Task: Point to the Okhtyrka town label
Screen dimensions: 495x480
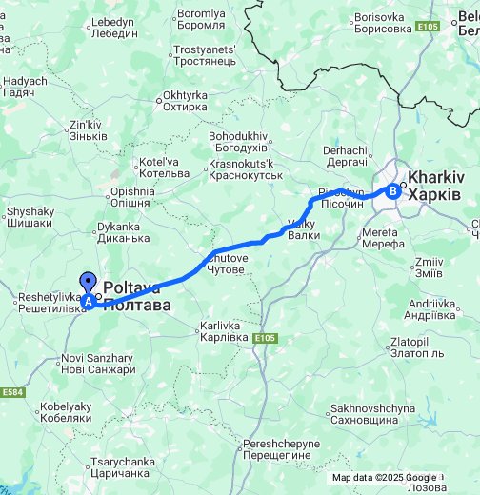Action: pos(185,101)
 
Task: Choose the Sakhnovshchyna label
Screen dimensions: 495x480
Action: pos(373,414)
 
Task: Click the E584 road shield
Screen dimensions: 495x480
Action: pos(12,392)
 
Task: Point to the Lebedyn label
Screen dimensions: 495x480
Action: pos(111,27)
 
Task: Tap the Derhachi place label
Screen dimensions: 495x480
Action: pos(345,155)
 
